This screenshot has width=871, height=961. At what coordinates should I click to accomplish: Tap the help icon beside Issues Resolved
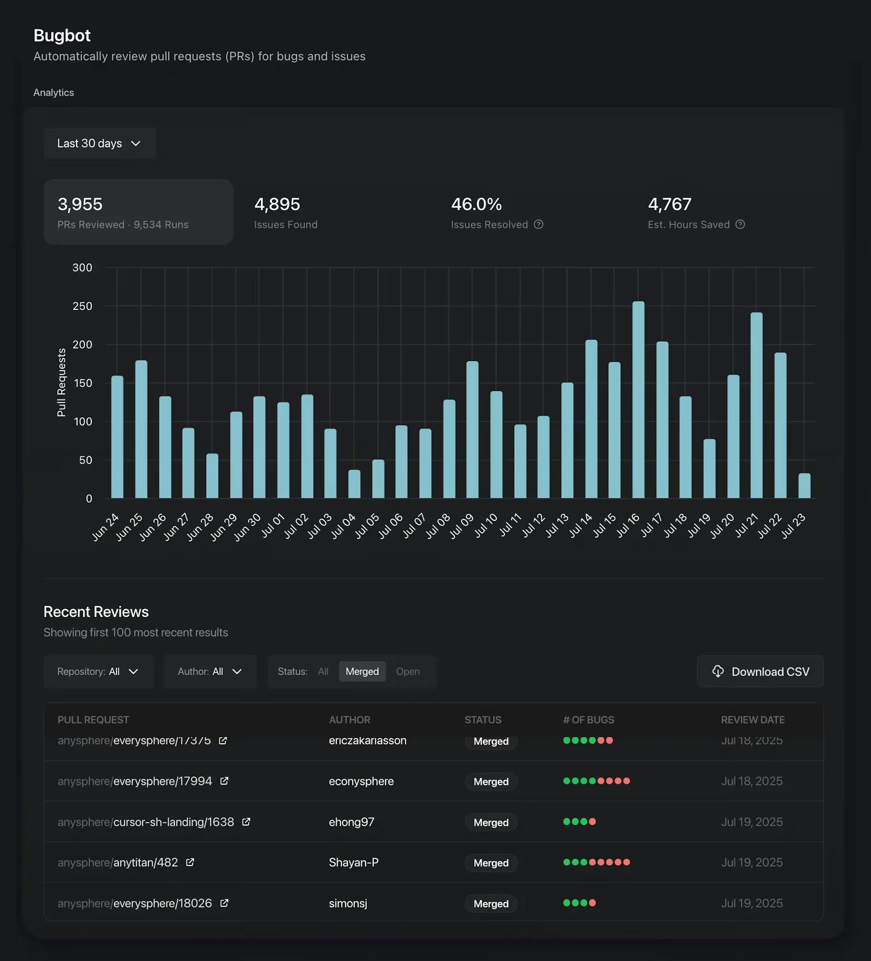click(x=538, y=224)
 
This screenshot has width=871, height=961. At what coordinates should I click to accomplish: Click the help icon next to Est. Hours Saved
click(x=740, y=224)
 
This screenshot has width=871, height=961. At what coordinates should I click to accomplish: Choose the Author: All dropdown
click(x=210, y=671)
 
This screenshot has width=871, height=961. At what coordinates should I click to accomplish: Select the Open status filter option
click(x=408, y=671)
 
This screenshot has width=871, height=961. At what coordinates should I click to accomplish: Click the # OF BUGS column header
click(x=588, y=720)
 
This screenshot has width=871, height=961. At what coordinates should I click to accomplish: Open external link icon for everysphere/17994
click(x=224, y=781)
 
